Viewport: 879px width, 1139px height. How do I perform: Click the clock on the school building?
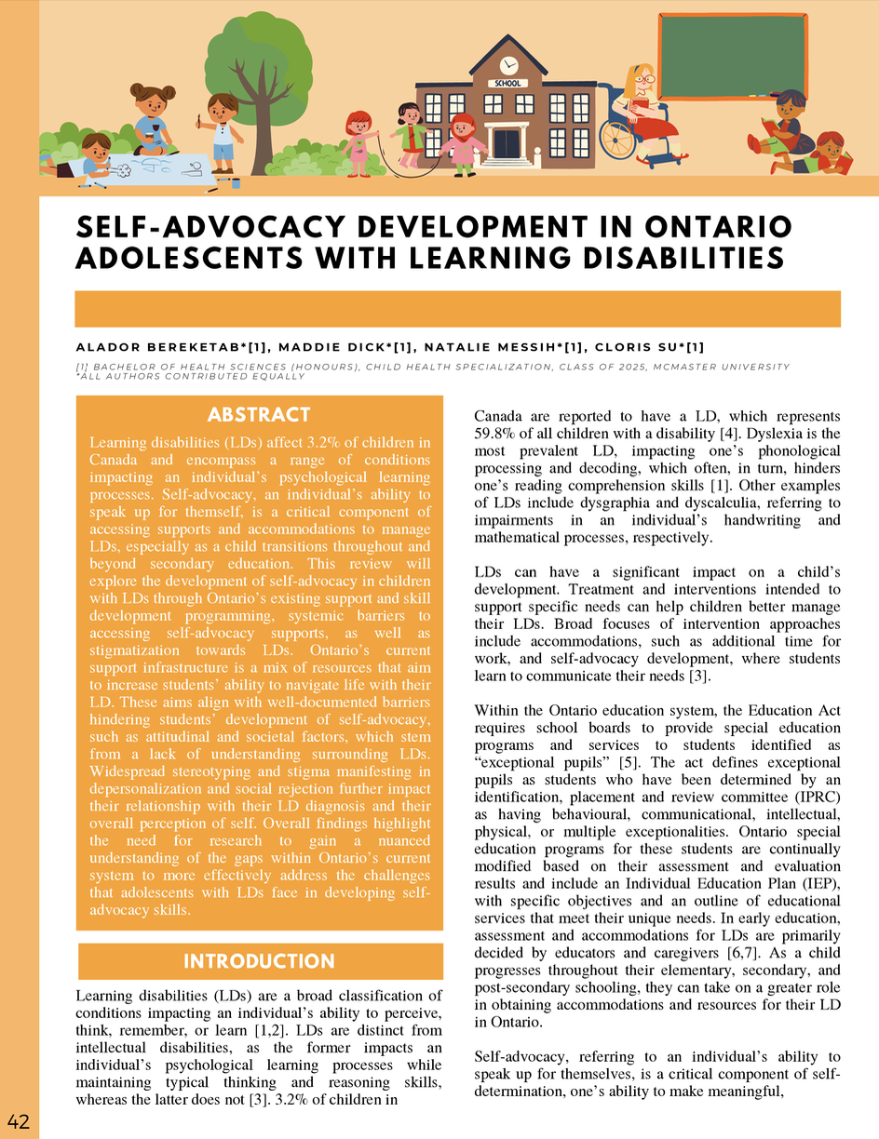pos(508,65)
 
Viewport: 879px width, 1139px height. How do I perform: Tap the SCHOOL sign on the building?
pos(508,83)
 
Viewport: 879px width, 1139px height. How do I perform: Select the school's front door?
pos(507,143)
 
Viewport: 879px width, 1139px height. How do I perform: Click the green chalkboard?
pos(732,57)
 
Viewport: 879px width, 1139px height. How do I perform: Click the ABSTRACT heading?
pos(259,414)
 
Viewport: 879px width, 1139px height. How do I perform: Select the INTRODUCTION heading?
pos(259,961)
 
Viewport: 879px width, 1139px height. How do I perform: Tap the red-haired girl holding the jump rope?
pos(358,140)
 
